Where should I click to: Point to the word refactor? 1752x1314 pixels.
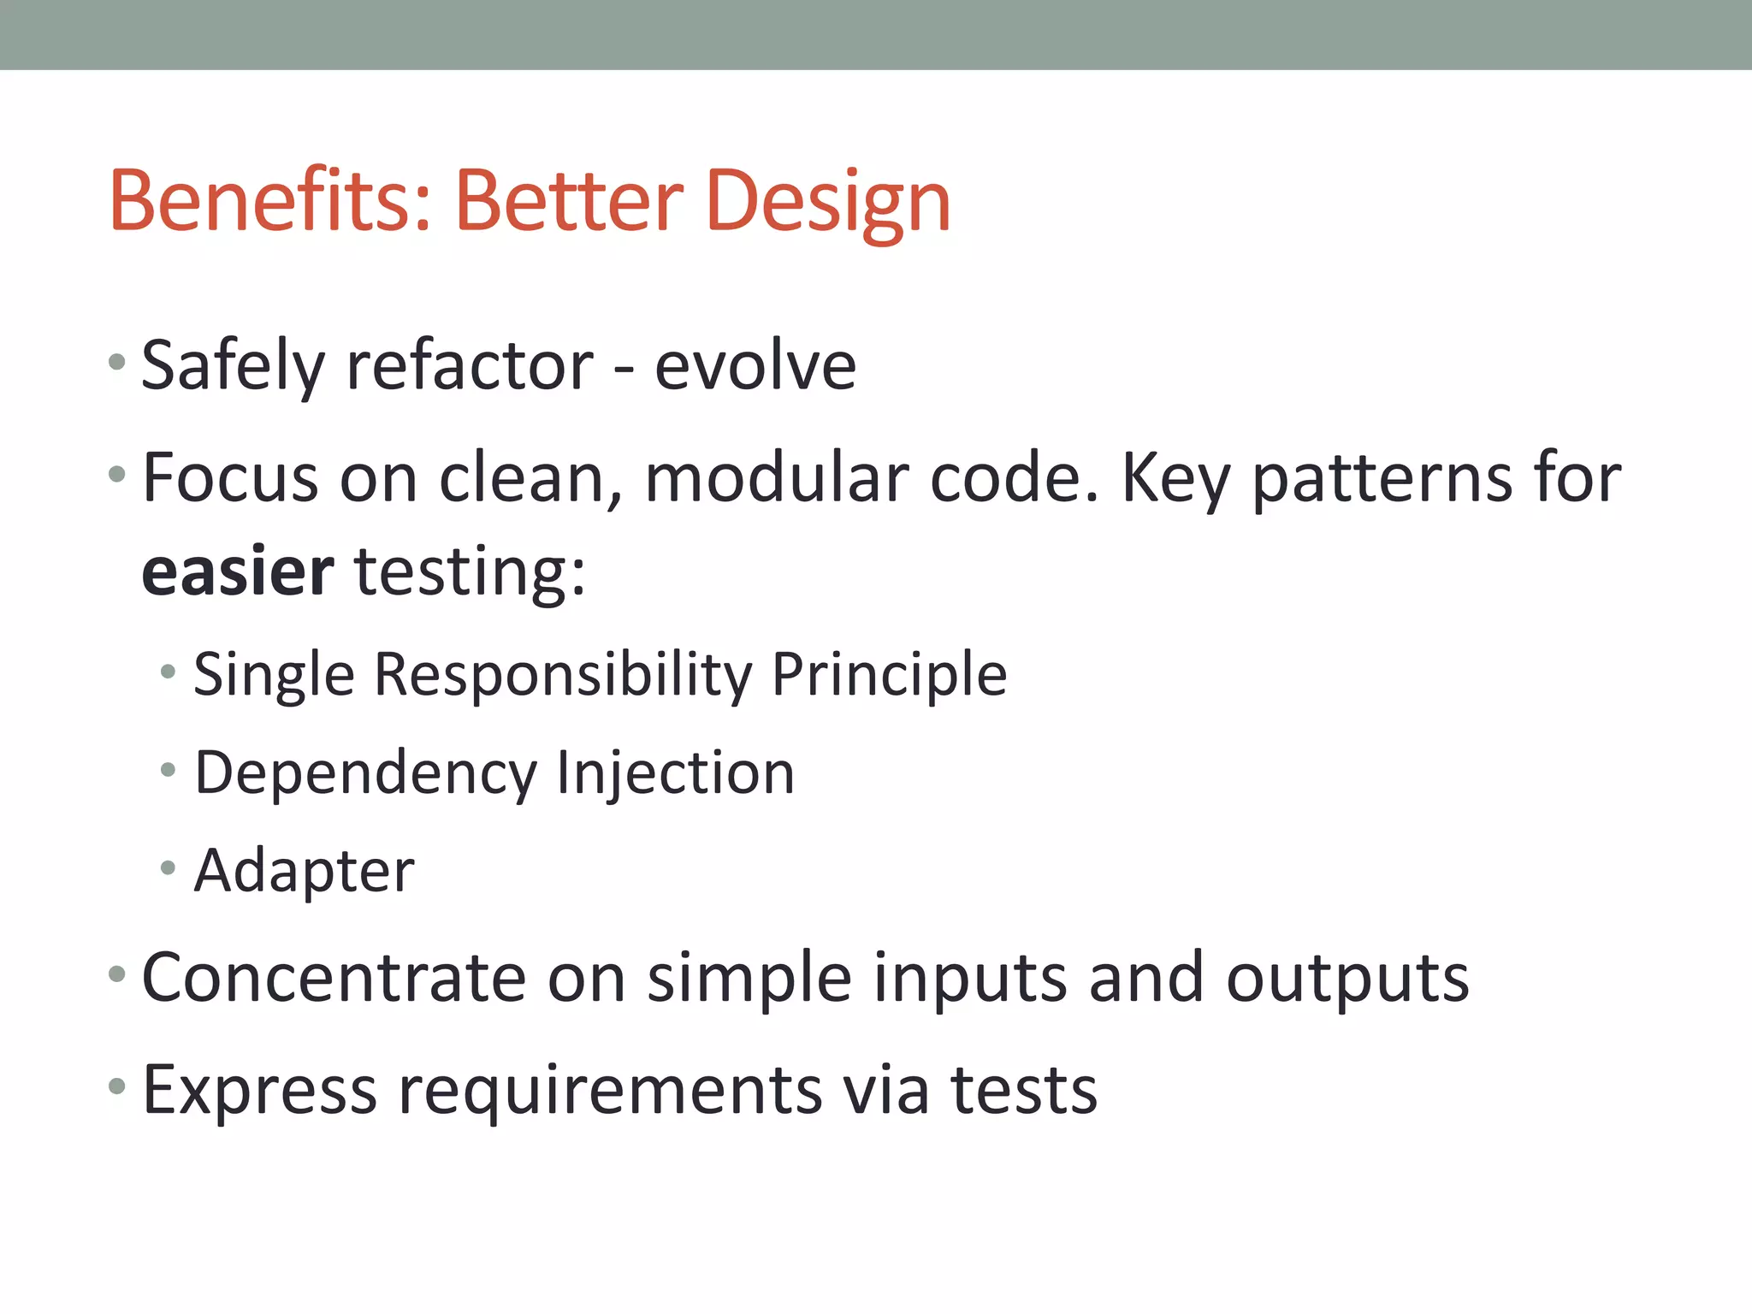tap(469, 366)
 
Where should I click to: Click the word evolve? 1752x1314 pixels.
tap(755, 366)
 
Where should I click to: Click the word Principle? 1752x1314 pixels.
tap(890, 676)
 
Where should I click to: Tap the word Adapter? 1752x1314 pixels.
tap(304, 871)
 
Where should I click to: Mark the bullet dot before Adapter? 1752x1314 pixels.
tap(168, 868)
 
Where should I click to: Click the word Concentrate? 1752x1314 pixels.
tap(334, 978)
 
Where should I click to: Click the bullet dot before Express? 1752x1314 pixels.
tap(117, 1087)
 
